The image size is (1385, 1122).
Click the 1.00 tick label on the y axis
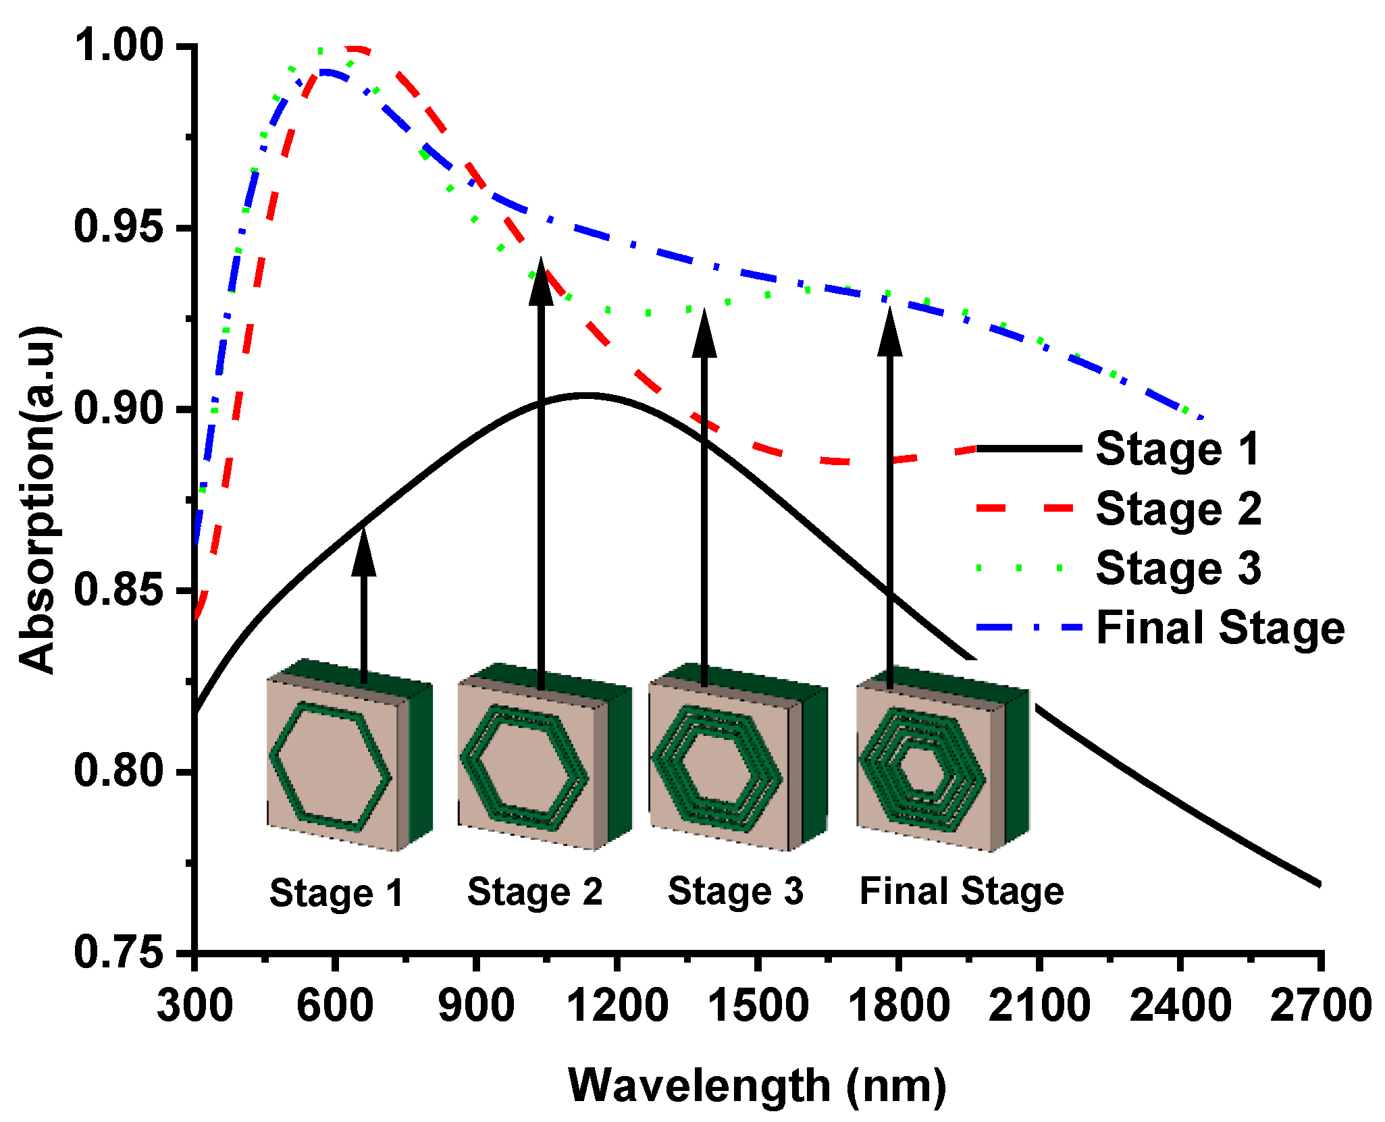click(x=117, y=45)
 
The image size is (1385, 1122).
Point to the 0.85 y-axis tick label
click(x=117, y=589)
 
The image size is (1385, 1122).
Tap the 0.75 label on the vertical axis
click(x=117, y=953)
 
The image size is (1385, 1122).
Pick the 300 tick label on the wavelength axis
click(x=194, y=1005)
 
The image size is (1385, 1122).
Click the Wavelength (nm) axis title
click(x=757, y=1086)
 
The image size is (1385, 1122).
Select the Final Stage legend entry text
click(x=1220, y=628)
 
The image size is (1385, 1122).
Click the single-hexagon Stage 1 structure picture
click(x=348, y=756)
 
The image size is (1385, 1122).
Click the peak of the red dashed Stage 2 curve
click(x=355, y=49)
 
